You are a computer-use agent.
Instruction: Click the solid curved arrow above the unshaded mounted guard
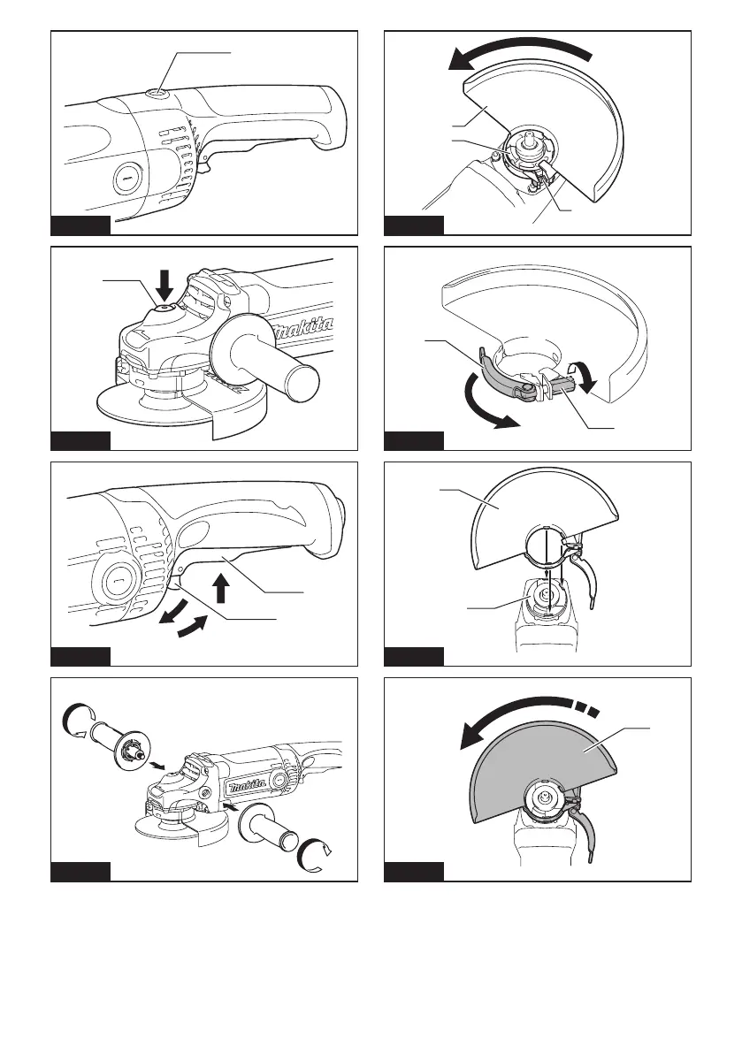click(521, 53)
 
